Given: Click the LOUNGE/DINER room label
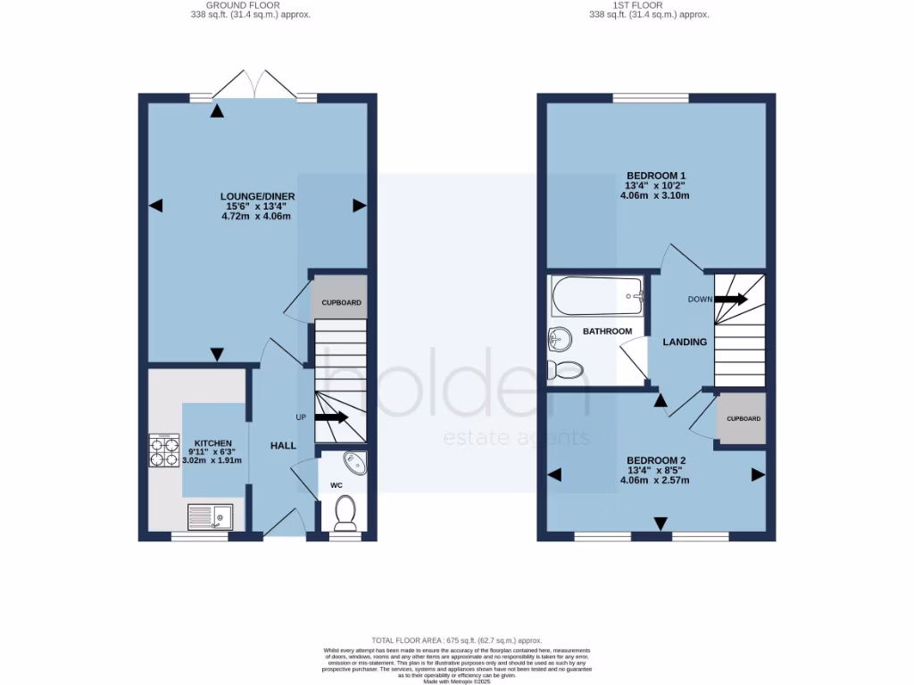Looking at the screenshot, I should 258,196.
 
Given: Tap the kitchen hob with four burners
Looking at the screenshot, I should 164,451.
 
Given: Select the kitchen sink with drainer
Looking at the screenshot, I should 210,516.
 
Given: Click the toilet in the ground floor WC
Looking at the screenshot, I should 345,513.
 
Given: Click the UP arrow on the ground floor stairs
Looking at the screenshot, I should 331,417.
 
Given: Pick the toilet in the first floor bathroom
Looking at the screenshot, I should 565,369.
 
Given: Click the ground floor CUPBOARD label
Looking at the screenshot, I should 341,302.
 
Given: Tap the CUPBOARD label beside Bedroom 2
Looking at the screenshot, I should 744,418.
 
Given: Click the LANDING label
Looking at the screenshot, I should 685,342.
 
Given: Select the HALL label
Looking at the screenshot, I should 283,445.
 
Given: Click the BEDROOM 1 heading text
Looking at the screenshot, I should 656,175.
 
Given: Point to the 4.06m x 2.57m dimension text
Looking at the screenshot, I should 655,480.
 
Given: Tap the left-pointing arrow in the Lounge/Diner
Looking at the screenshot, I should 156,206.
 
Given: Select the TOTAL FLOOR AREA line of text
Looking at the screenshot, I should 457,640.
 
